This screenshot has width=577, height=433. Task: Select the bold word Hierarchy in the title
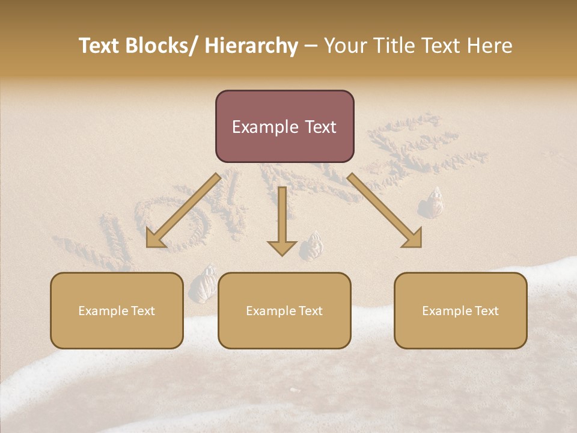(x=251, y=46)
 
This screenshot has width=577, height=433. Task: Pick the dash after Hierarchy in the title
(x=311, y=46)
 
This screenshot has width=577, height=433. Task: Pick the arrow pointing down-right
(x=385, y=211)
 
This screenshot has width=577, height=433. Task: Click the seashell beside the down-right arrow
(x=433, y=203)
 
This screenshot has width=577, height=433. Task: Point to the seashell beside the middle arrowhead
(x=313, y=247)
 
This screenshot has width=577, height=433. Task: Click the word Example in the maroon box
(x=257, y=127)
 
